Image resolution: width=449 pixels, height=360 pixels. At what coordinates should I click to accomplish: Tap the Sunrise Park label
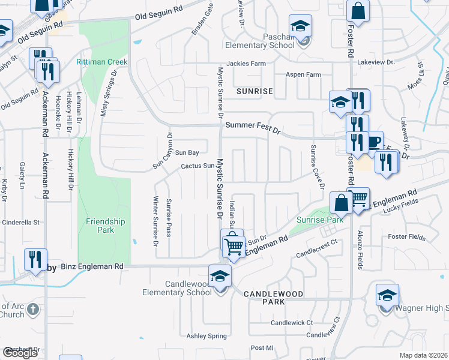pyautogui.click(x=320, y=220)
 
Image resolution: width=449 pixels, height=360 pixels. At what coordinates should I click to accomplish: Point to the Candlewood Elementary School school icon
pyautogui.click(x=220, y=275)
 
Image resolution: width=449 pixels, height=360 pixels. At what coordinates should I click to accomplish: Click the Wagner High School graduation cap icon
pyautogui.click(x=387, y=295)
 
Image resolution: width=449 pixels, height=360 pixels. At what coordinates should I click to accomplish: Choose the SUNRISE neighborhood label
pyautogui.click(x=255, y=91)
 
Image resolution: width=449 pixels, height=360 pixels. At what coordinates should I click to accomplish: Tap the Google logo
pyautogui.click(x=20, y=353)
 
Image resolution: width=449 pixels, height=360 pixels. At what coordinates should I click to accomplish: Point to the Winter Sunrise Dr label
pyautogui.click(x=155, y=221)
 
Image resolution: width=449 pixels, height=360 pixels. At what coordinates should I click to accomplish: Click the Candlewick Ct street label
pyautogui.click(x=292, y=322)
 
